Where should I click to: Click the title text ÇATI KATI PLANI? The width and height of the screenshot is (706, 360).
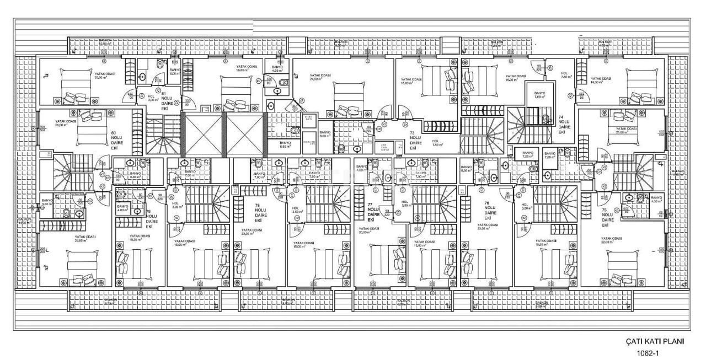coord(655,341)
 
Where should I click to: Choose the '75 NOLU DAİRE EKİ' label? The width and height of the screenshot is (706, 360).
coord(605,217)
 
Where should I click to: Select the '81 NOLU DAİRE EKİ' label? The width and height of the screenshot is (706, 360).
coord(164,101)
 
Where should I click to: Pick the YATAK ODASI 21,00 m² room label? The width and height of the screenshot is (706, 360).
coord(622,130)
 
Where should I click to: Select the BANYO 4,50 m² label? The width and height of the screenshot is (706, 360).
coord(656,200)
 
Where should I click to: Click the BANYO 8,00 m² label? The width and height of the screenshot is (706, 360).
coord(325,134)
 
